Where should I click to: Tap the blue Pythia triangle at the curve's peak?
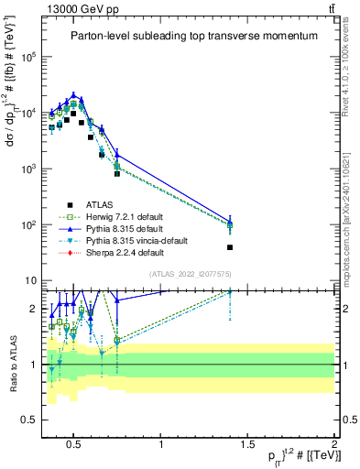coord(74,94)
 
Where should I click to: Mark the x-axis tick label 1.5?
coord(247,445)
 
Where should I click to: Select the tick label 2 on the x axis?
coord(333,445)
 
